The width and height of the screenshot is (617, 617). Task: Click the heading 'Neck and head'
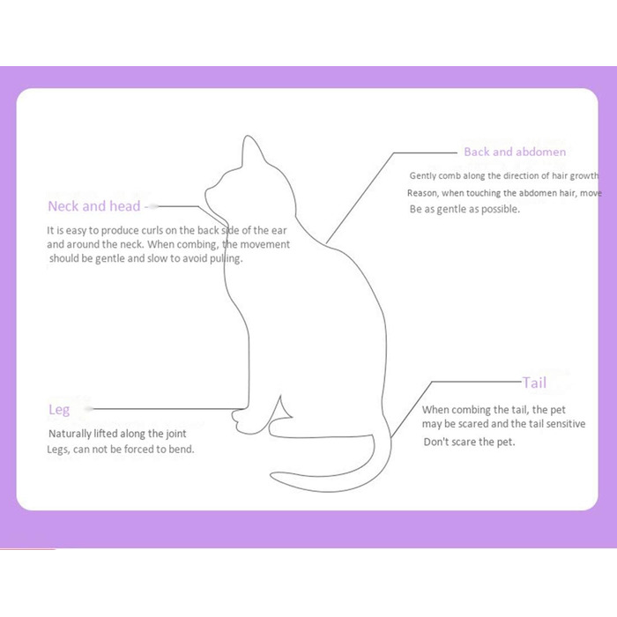pos(94,206)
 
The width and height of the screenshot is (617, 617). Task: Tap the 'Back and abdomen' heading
pos(515,152)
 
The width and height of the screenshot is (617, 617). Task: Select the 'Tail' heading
pos(534,383)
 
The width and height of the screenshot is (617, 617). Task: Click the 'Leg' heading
pos(59,410)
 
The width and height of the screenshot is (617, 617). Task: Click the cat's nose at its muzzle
pos(206,194)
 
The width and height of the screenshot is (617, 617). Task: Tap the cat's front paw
pos(240,421)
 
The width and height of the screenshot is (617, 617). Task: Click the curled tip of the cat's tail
pos(273,474)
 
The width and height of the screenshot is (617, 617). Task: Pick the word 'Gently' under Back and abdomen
pos(422,176)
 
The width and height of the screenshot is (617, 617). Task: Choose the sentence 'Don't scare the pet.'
pos(469,442)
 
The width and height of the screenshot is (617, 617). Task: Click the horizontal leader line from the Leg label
pos(167,409)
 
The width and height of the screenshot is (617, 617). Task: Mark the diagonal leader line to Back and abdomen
pos(360,197)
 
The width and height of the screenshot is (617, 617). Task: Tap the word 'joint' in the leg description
pos(176,434)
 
